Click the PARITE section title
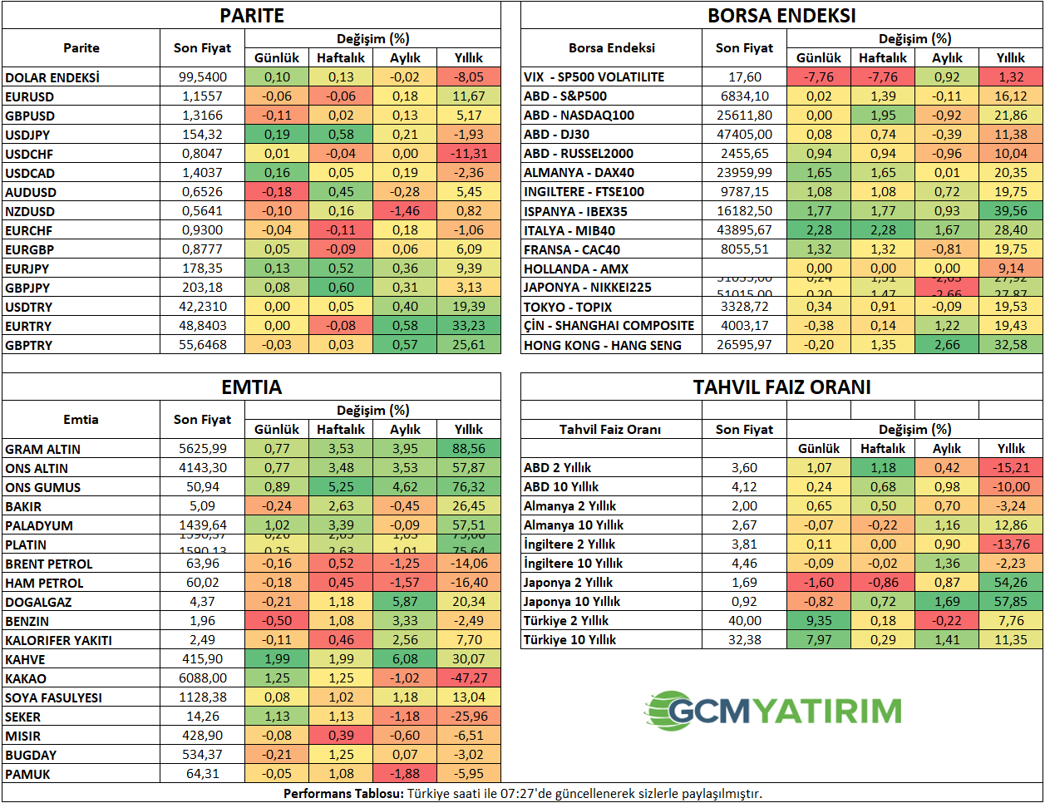tap(252, 16)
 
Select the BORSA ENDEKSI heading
tap(781, 16)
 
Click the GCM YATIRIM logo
tap(773, 711)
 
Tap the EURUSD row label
tap(30, 96)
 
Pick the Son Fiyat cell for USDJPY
tap(203, 135)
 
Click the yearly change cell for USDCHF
tap(469, 154)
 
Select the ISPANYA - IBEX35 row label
tap(575, 211)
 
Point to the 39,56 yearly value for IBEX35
tap(1011, 211)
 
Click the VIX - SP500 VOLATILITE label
tap(594, 77)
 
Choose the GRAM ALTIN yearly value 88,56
tap(469, 449)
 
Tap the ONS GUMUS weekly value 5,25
tap(341, 487)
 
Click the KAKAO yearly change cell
tap(469, 678)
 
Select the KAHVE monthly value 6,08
tap(405, 659)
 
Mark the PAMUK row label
tap(27, 774)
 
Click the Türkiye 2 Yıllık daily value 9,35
tap(819, 621)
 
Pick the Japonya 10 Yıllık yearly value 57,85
tap(1011, 602)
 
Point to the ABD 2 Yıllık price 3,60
tap(744, 468)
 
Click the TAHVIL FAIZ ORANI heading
tap(781, 387)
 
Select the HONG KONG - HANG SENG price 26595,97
tap(744, 345)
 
